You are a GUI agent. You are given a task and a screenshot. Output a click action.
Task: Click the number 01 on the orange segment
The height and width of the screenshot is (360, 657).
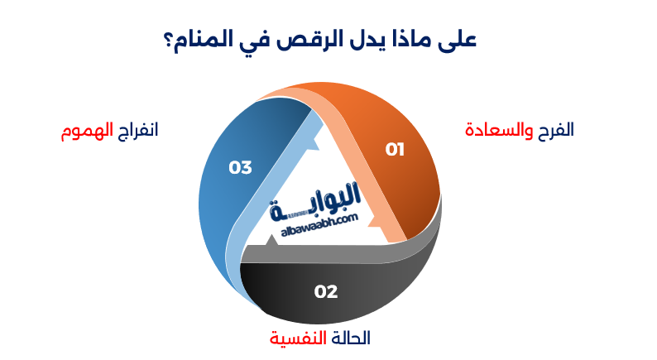click(395, 150)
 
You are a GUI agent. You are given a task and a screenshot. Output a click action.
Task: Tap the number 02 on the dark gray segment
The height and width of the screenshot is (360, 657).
click(326, 291)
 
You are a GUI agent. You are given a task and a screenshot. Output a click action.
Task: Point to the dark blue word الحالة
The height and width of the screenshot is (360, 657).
click(351, 338)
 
